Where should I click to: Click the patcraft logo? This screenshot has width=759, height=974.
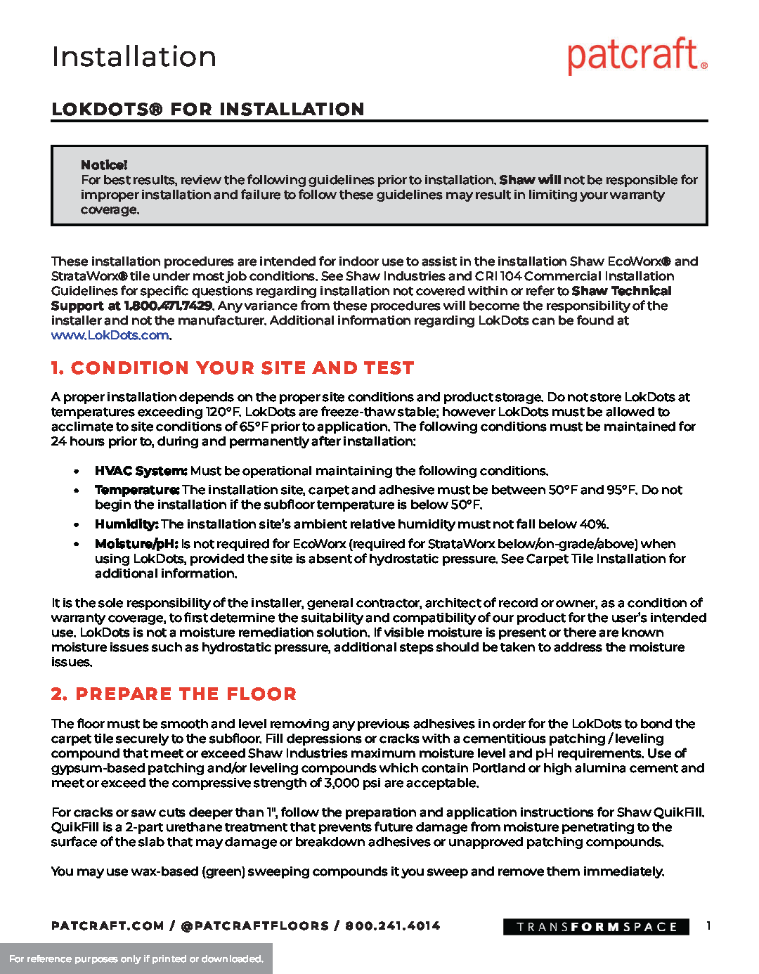pyautogui.click(x=637, y=56)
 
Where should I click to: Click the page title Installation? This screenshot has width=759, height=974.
pyautogui.click(x=134, y=57)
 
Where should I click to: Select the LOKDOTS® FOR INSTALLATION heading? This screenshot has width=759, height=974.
pyautogui.click(x=208, y=110)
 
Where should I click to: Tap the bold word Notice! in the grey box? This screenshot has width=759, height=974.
pyautogui.click(x=104, y=165)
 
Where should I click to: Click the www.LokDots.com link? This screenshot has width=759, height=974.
pyautogui.click(x=110, y=335)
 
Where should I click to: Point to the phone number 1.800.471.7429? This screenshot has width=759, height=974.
pyautogui.click(x=168, y=306)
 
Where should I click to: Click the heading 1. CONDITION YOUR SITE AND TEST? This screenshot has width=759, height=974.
pyautogui.click(x=233, y=368)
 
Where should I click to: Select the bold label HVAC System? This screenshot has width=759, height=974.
pyautogui.click(x=141, y=471)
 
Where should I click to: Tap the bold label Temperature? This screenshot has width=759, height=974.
pyautogui.click(x=137, y=490)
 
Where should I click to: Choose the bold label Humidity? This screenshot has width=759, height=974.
pyautogui.click(x=126, y=524)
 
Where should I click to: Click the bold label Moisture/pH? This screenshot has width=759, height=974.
pyautogui.click(x=136, y=544)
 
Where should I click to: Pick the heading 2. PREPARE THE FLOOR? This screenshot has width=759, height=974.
pyautogui.click(x=174, y=694)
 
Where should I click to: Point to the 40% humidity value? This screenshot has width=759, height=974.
pyautogui.click(x=593, y=524)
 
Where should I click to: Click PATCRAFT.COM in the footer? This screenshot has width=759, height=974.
pyautogui.click(x=108, y=926)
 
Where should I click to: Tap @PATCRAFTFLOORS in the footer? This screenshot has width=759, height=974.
pyautogui.click(x=255, y=926)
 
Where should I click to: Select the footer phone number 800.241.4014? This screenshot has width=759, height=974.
pyautogui.click(x=392, y=926)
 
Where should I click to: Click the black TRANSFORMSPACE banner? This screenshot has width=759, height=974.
pyautogui.click(x=596, y=927)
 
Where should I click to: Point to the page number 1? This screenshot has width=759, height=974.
pyautogui.click(x=708, y=926)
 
